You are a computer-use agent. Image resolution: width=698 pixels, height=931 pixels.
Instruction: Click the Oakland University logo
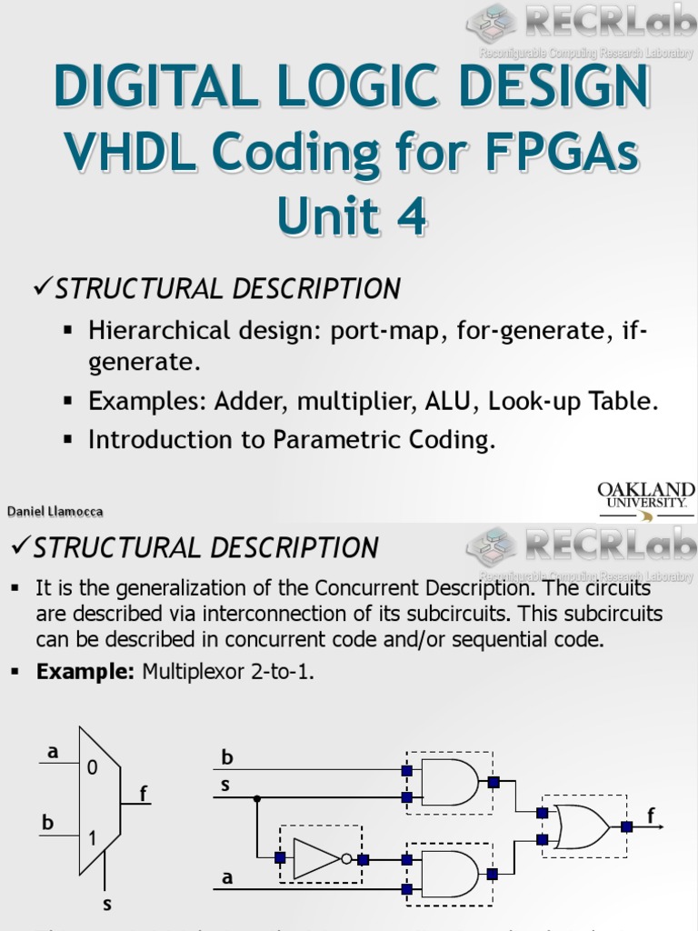coord(645,500)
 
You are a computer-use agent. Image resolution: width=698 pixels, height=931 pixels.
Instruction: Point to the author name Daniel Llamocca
coord(55,512)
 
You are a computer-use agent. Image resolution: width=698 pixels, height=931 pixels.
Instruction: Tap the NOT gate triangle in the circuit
coord(316,857)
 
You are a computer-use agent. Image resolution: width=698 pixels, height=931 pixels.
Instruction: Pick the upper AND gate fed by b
coord(449,782)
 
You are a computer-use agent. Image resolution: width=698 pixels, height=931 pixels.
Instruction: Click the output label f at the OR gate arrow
coord(651,816)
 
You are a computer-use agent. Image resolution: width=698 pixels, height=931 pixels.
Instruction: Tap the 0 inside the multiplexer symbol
coord(92,767)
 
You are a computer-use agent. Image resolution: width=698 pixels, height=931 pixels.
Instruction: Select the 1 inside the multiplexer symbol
coord(92,839)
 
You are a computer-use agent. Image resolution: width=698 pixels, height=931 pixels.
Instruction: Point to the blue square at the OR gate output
coord(626,826)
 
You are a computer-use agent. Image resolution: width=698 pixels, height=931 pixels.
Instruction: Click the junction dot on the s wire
coord(257,797)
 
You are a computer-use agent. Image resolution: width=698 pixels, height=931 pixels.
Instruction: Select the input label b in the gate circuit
coord(227,757)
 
